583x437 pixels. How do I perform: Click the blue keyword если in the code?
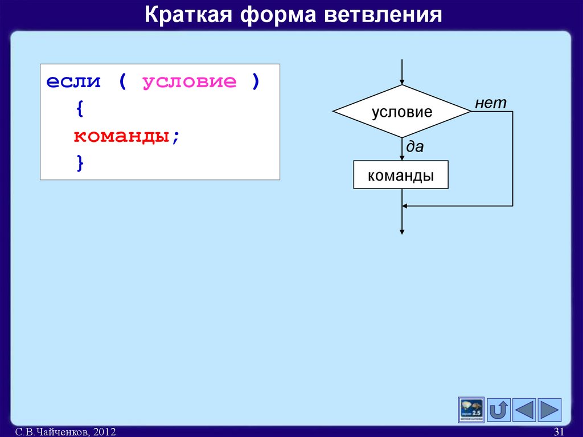73,81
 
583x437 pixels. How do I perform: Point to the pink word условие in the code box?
189,81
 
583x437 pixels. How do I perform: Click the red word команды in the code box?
121,137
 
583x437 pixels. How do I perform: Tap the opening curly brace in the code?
78,109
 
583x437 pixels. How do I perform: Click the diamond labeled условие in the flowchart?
402,112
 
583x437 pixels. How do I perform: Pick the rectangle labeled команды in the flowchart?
401,175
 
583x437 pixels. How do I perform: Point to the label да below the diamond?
414,147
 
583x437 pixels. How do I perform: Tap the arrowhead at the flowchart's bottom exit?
402,231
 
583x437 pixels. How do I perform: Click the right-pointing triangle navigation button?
549,410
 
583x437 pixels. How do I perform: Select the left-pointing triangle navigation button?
524,410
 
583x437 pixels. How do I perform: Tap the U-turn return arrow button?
499,410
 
